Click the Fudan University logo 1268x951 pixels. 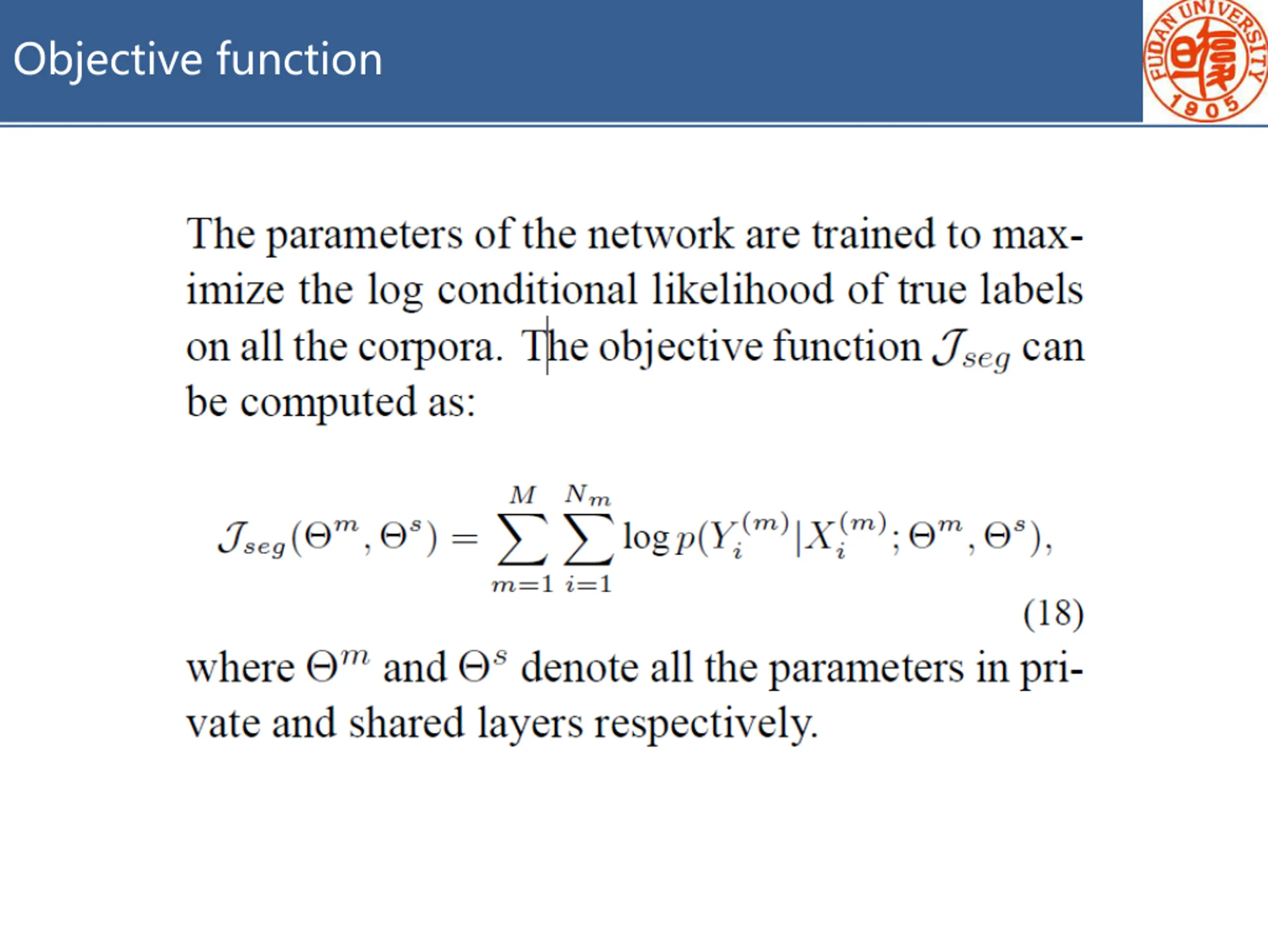pyautogui.click(x=1205, y=60)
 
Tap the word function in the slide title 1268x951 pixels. pyautogui.click(x=299, y=59)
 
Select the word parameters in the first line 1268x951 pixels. pyautogui.click(x=364, y=235)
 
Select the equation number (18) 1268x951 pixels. pyautogui.click(x=1053, y=614)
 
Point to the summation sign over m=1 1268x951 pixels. pyautogui.click(x=522, y=539)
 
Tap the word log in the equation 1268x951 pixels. pyautogui.click(x=645, y=539)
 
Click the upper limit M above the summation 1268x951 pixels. pyautogui.click(x=522, y=495)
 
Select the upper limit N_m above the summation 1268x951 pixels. pyautogui.click(x=587, y=495)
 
